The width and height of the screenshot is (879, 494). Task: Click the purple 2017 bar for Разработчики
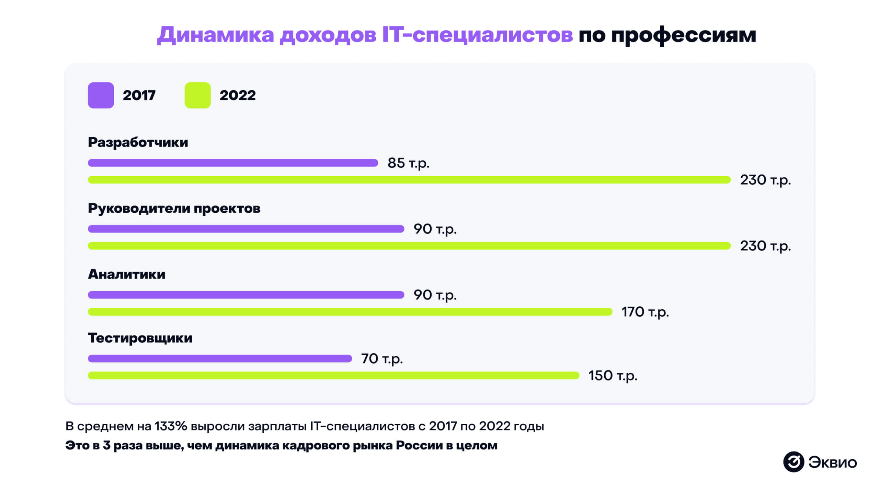pyautogui.click(x=233, y=163)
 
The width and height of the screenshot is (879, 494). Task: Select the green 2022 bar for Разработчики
pyautogui.click(x=409, y=180)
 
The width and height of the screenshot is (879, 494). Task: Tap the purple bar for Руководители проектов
pyautogui.click(x=246, y=229)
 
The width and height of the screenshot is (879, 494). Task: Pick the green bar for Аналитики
pyautogui.click(x=350, y=311)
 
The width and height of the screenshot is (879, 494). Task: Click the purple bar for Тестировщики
pyautogui.click(x=220, y=358)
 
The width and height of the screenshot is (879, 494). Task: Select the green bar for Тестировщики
pyautogui.click(x=333, y=376)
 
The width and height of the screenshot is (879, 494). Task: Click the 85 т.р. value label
pyautogui.click(x=408, y=163)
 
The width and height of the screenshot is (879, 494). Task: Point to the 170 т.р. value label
pyautogui.click(x=645, y=312)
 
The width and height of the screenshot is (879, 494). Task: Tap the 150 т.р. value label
pyautogui.click(x=613, y=376)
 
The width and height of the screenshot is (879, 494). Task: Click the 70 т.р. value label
pyautogui.click(x=381, y=359)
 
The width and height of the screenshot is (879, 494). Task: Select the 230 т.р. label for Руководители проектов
pyautogui.click(x=765, y=246)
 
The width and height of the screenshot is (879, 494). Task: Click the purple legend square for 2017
pyautogui.click(x=101, y=95)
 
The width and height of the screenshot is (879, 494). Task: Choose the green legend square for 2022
pyautogui.click(x=197, y=95)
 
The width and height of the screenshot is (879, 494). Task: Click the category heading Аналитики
pyautogui.click(x=126, y=274)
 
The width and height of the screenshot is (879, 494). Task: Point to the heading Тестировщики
pyautogui.click(x=140, y=338)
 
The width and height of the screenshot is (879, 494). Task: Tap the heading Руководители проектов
pyautogui.click(x=174, y=209)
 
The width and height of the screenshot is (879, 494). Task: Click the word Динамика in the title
pyautogui.click(x=216, y=35)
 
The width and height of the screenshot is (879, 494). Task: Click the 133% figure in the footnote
pyautogui.click(x=171, y=426)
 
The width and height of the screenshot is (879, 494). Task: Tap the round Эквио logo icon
pyautogui.click(x=794, y=462)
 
